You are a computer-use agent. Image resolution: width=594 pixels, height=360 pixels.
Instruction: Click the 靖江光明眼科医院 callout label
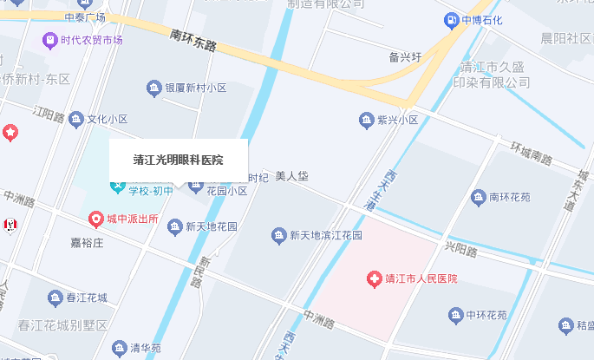(178, 160)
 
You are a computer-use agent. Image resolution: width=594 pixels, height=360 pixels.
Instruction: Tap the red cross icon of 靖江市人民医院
(375, 278)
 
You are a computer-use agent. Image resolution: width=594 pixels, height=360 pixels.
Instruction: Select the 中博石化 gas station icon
(451, 19)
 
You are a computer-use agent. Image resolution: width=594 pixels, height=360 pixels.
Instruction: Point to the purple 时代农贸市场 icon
(49, 41)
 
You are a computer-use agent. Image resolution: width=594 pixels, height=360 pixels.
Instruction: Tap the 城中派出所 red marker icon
(96, 219)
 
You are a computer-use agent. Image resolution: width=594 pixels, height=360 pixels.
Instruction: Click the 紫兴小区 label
(395, 119)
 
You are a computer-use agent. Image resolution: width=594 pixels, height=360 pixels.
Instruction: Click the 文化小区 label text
(108, 119)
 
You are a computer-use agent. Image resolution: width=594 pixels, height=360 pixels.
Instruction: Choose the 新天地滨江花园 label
(325, 235)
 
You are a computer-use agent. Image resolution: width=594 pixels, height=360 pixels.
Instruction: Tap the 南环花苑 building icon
(477, 198)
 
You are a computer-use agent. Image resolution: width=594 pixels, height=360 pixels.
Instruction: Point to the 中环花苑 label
(486, 315)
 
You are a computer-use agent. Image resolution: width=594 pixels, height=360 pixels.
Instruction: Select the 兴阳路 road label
(461, 250)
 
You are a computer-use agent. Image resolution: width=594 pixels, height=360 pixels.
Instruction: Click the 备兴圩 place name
(406, 57)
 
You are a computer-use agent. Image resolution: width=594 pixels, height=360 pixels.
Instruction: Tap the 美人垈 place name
(292, 176)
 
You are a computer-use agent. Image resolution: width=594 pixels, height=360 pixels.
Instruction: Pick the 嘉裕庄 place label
(87, 245)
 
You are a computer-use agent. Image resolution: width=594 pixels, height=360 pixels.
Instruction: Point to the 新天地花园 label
(211, 227)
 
